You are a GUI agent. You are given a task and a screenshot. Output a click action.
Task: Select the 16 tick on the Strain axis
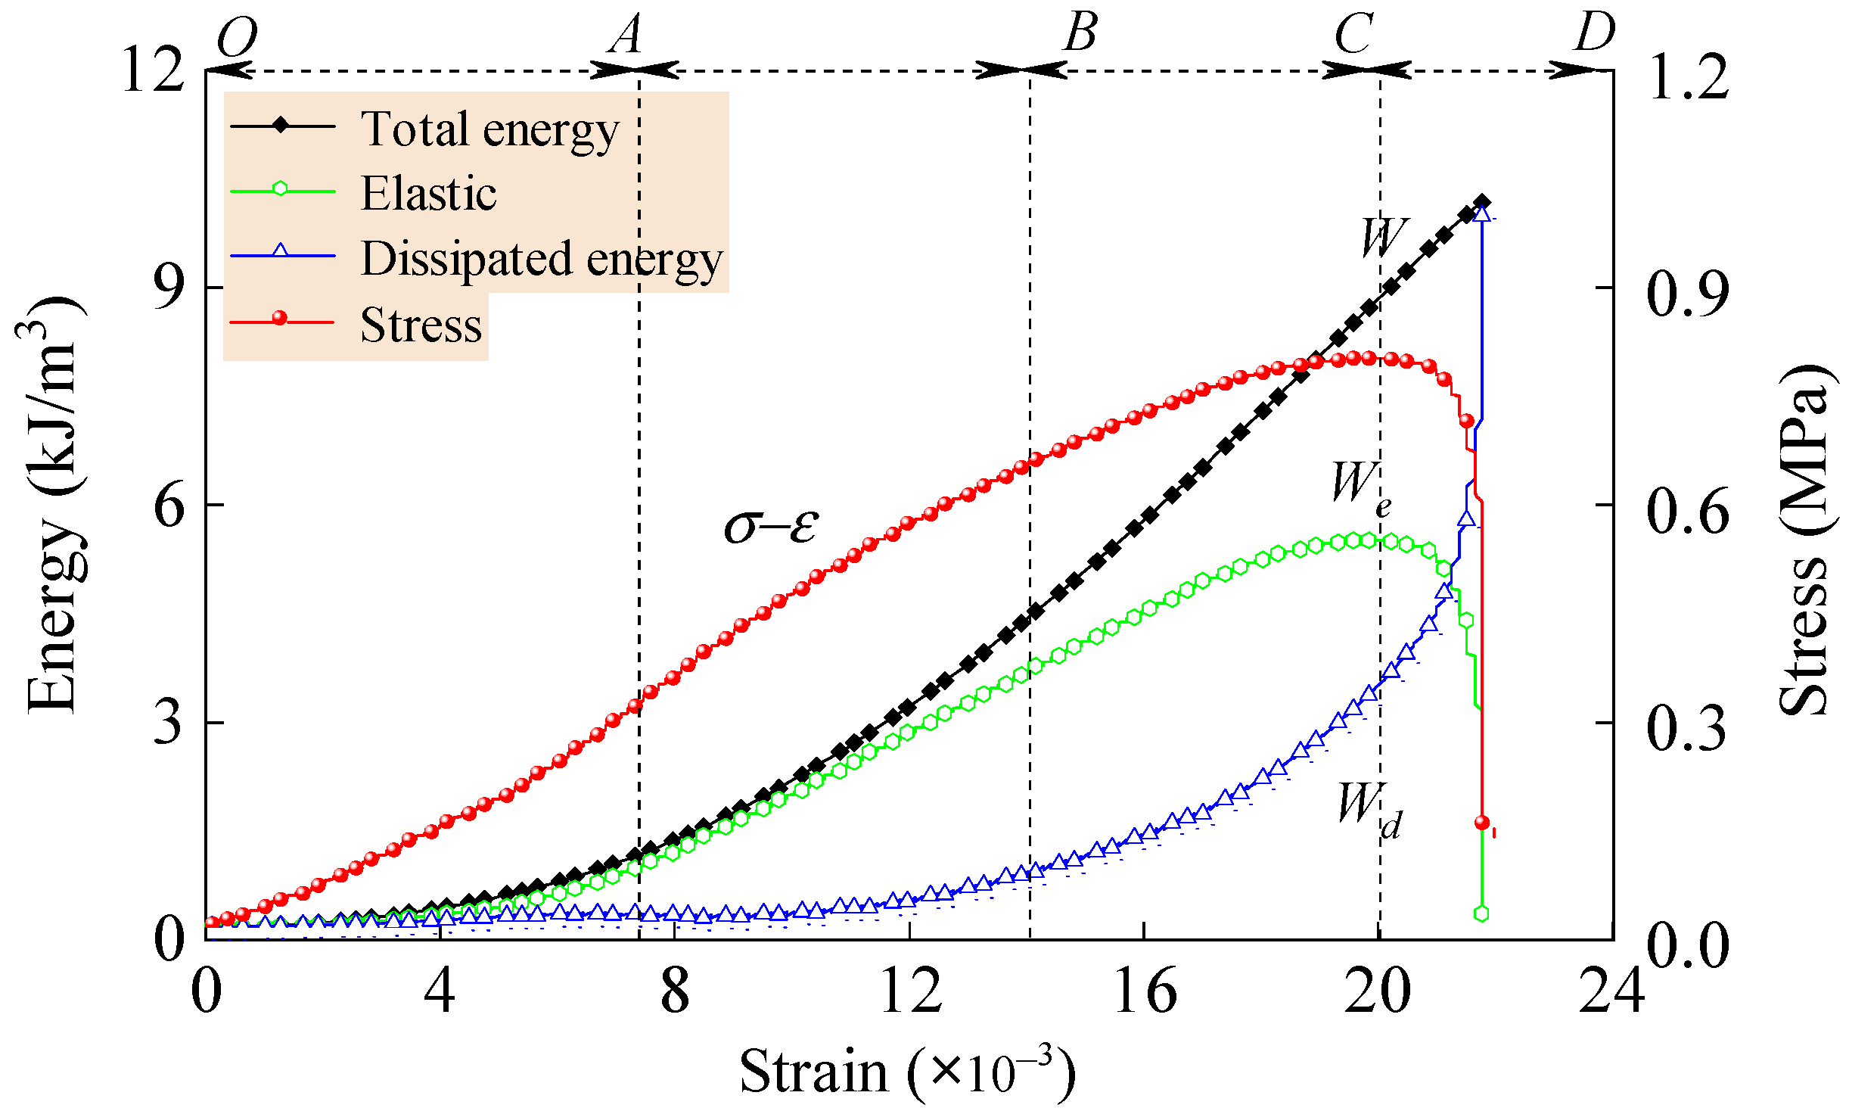coord(1145,991)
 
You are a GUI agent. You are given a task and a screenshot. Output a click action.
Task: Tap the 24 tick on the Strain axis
coord(1611,991)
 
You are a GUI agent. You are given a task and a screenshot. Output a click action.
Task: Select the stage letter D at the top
coord(1595,33)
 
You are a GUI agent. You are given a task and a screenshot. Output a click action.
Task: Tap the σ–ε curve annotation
coord(771,524)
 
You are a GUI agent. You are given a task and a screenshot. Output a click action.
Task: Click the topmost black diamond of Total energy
coord(1482,202)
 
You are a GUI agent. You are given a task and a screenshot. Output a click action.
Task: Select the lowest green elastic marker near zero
coord(1481,913)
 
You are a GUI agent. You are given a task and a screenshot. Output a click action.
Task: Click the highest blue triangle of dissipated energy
coord(1482,214)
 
